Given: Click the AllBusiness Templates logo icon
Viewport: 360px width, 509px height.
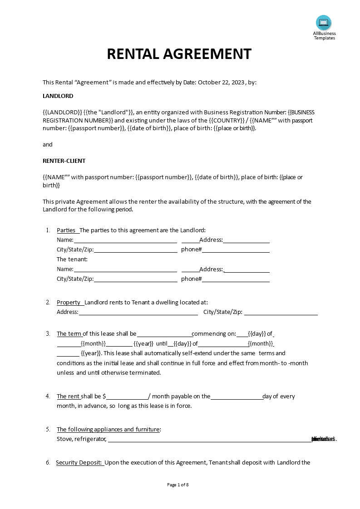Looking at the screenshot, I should coord(324,22).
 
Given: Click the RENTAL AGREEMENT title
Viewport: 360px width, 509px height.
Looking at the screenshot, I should coord(179,54).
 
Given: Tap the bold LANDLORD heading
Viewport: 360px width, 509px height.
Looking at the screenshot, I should coord(58,96).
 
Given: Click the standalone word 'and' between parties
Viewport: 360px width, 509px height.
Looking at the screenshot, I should coord(48,145).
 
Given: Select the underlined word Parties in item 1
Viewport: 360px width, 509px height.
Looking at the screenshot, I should coord(66,230).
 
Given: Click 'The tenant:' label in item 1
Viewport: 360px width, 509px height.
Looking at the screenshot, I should coord(72,259).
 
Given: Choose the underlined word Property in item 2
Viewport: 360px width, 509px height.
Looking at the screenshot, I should coord(69,303).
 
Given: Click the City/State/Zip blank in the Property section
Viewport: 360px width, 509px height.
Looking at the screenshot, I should coord(281,312).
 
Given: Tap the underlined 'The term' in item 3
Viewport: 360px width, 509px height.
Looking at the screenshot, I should coord(69,334).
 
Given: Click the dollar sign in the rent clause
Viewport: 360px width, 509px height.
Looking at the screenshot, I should coord(104,396).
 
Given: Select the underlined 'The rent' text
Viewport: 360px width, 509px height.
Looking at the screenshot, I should coord(68,396).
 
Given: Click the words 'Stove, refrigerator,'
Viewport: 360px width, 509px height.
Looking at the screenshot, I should coord(81,439).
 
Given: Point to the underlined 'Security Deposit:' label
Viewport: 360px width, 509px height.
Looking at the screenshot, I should coord(79,463).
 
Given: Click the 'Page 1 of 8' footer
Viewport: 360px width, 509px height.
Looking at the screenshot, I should coord(178,485).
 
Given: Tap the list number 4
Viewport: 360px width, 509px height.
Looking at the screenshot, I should coord(48,396).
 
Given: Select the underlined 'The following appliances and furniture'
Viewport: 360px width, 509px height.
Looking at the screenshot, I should coord(108,430).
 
